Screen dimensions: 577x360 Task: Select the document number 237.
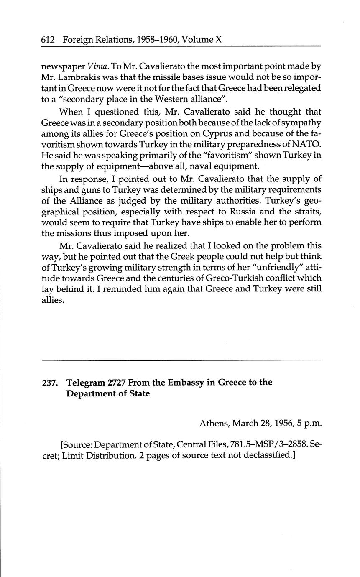point(51,383)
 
